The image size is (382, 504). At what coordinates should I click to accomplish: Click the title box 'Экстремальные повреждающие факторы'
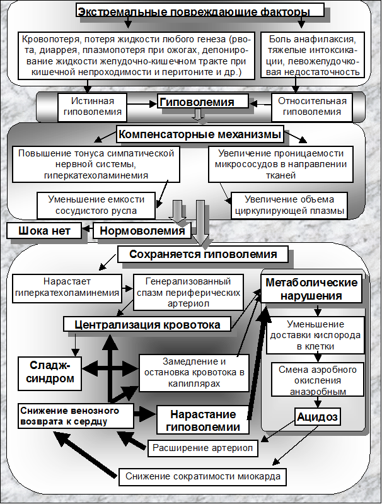tap(202, 11)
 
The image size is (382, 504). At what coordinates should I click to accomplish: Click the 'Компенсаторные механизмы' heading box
tap(199, 134)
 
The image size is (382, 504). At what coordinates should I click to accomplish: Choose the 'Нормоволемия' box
tap(142, 231)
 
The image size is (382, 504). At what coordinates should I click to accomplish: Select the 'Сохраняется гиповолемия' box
tap(202, 255)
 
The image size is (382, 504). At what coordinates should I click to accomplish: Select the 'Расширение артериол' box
tap(203, 448)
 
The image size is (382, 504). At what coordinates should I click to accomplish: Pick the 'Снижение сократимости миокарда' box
tap(202, 476)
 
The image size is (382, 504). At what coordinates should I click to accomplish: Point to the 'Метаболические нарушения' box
tap(312, 288)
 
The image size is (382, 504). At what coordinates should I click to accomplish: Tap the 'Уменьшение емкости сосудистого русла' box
tap(101, 204)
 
